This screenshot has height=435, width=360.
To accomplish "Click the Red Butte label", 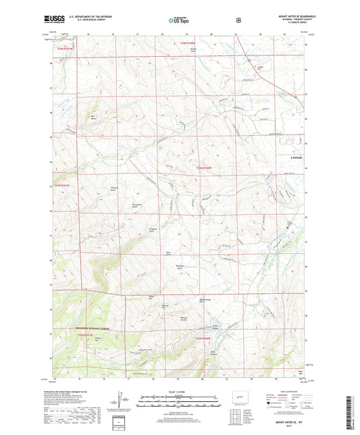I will click(x=94, y=118).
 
